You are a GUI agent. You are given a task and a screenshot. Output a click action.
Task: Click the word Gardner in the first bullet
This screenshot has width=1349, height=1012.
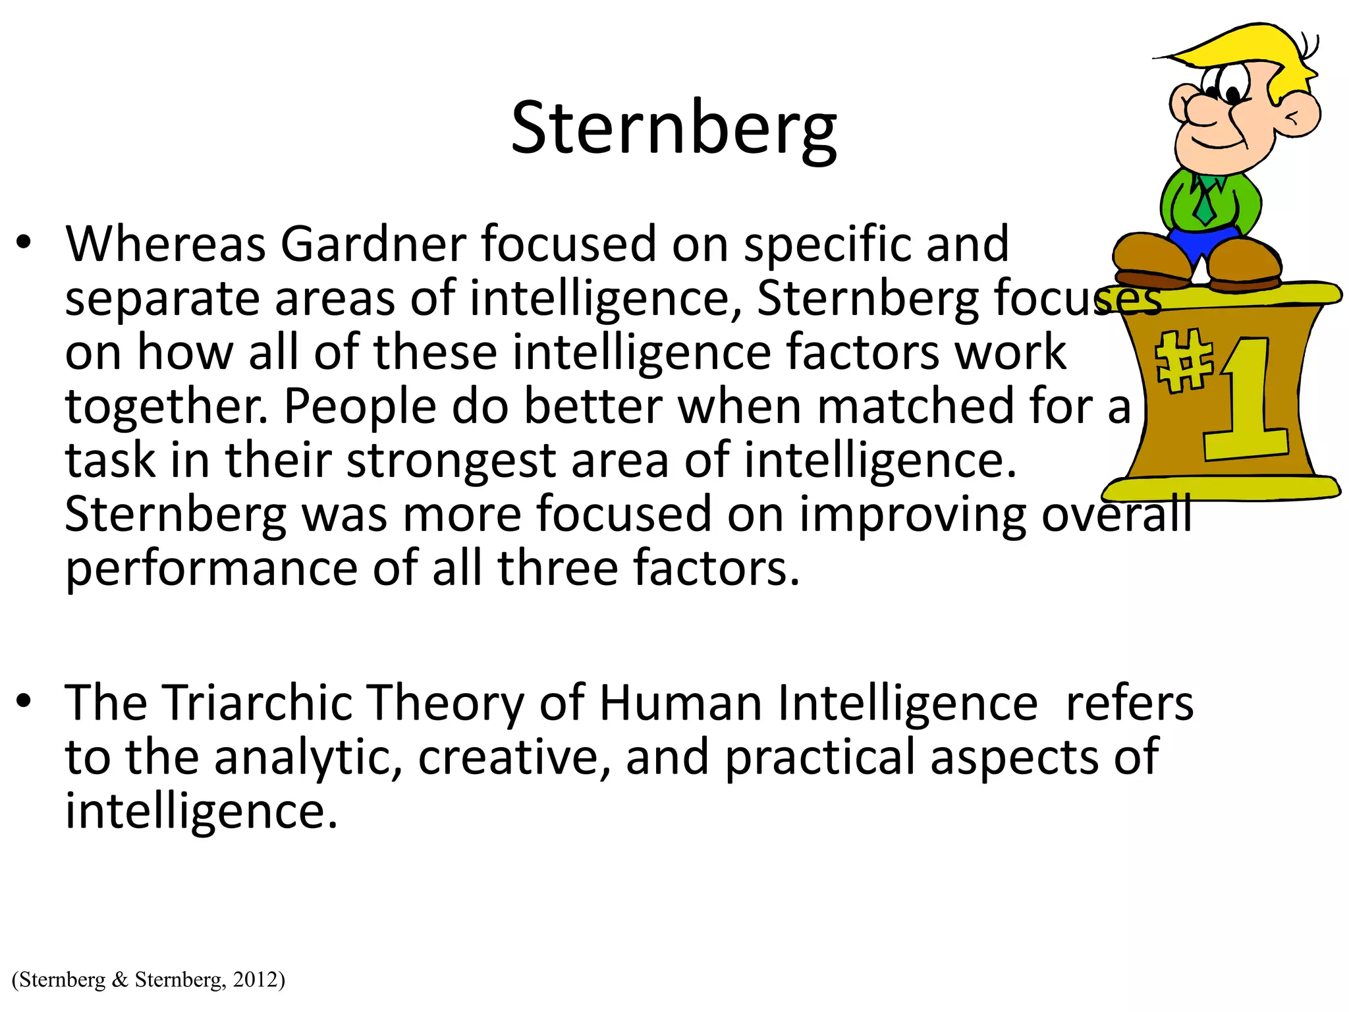[373, 244]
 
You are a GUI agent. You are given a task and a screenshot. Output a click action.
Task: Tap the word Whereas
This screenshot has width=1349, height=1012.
[165, 244]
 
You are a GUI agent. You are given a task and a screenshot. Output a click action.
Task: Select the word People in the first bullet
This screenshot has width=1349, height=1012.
[360, 407]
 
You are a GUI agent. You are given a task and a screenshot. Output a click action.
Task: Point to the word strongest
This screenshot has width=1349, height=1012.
[451, 461]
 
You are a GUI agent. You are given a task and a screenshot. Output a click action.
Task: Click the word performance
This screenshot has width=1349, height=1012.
[211, 569]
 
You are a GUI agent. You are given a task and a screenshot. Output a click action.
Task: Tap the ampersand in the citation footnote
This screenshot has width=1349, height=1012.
[120, 980]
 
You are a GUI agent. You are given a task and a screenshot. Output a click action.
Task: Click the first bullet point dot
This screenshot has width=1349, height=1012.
[24, 243]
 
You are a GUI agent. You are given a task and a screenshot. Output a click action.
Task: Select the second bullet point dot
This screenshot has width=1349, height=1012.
[24, 701]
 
